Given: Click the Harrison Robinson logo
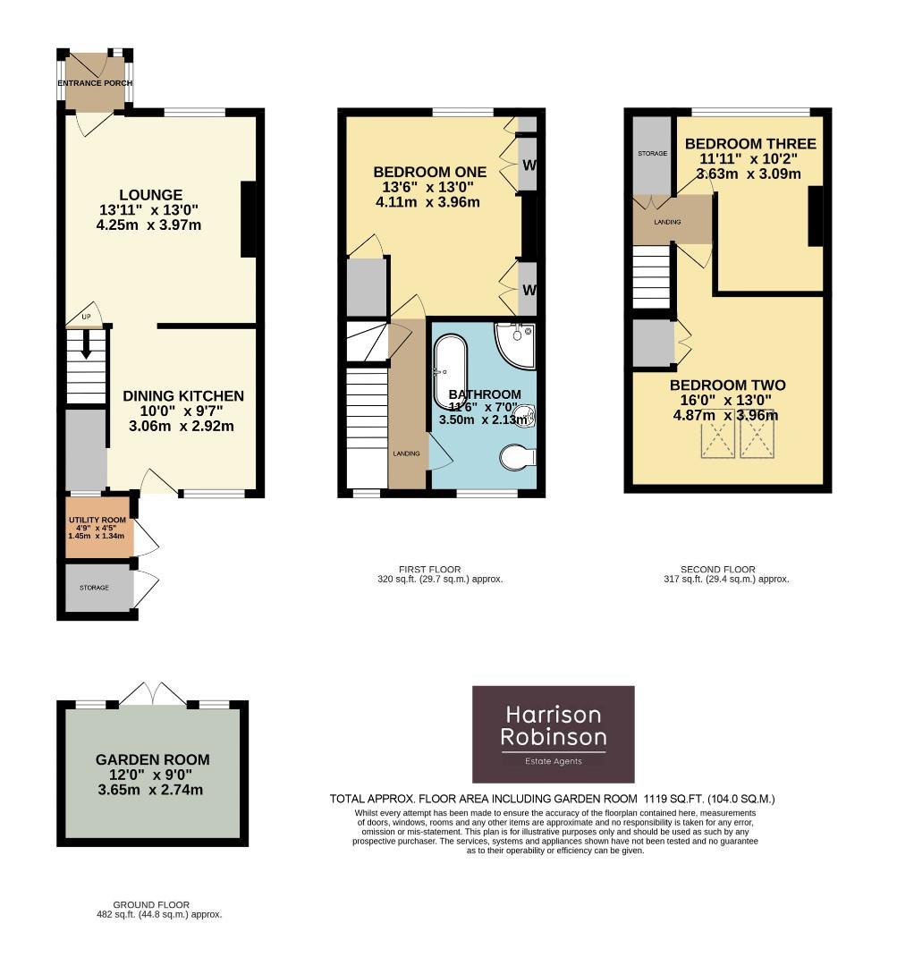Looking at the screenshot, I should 553,734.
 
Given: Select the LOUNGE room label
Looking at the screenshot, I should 151,195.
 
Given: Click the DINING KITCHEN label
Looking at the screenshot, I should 183,396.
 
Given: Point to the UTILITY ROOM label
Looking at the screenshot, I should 97,520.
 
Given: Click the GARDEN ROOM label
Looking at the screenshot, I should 153,760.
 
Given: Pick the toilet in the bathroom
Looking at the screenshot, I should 517,458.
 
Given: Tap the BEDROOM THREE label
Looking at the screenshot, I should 749,144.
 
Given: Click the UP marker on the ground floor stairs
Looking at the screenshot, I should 87,318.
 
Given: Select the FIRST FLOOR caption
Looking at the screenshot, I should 430,569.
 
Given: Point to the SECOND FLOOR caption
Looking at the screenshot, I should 717,569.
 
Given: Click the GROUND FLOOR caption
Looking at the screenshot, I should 151,905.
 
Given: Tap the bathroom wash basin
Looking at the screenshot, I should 527,413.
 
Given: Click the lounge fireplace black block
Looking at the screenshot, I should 248,219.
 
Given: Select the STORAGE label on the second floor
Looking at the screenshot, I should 652,154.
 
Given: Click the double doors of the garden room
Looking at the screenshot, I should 153,694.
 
